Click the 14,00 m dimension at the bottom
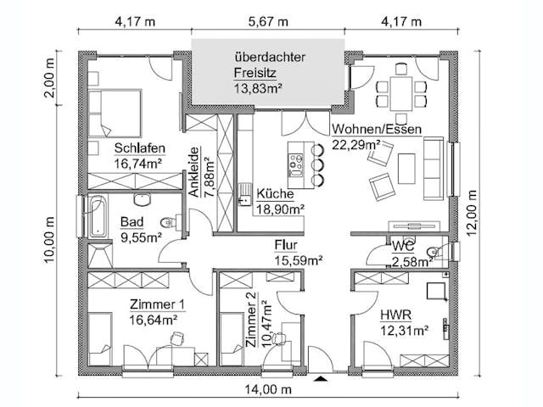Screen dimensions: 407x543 [x=271, y=390]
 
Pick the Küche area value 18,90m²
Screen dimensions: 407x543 [x=280, y=207]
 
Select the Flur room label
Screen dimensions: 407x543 [x=285, y=244]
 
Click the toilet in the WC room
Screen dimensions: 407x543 [x=434, y=252]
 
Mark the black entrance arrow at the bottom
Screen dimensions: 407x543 [x=319, y=378]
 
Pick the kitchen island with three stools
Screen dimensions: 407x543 [x=297, y=164]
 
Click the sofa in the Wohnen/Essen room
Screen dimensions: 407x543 [x=432, y=165]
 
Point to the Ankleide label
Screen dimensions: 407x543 [x=195, y=171]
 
